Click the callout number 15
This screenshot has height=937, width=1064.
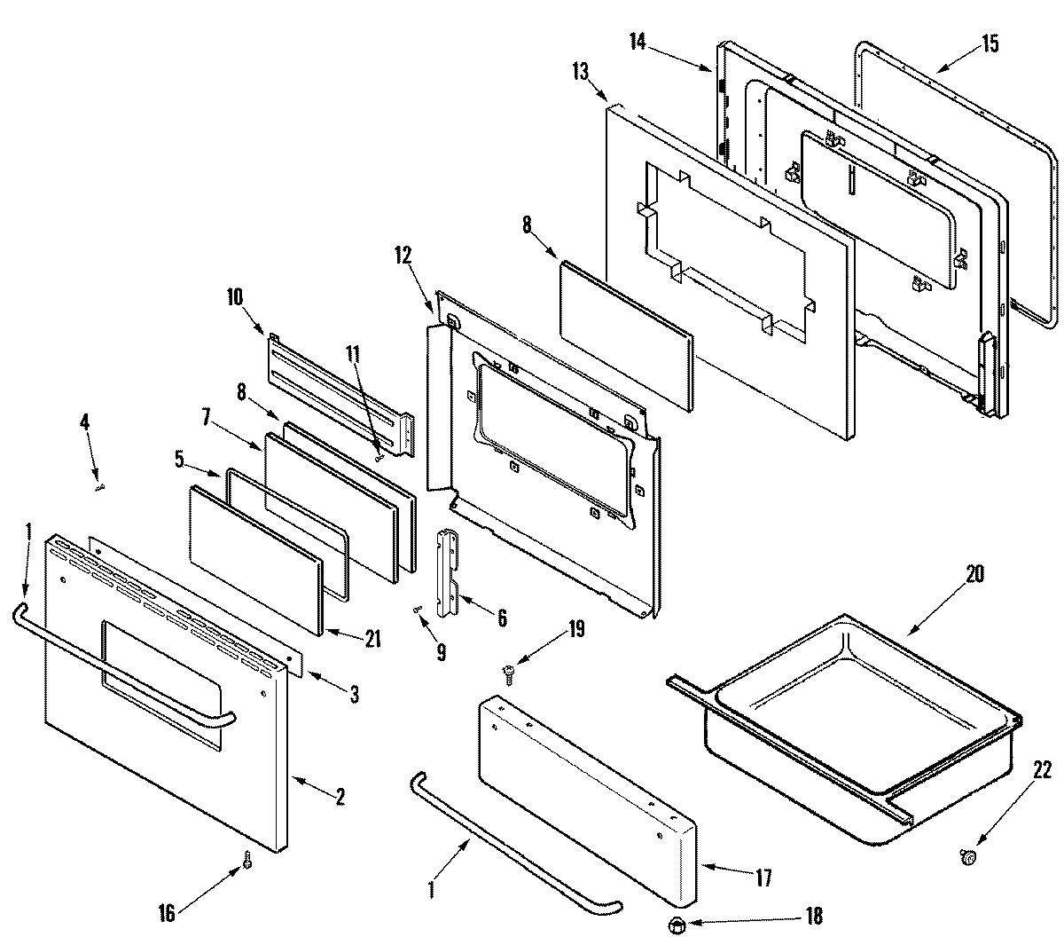pos(990,43)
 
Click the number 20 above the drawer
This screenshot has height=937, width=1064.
pos(974,573)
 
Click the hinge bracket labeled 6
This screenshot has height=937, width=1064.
pos(450,574)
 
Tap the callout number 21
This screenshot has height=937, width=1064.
pos(372,638)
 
